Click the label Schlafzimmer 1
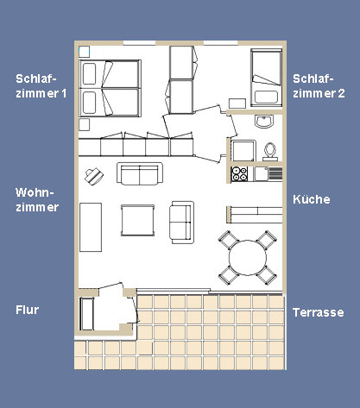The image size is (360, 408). coord(41,86)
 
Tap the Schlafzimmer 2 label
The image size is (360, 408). coord(319,86)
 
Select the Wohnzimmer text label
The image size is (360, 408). coord(37,200)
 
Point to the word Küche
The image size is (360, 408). coord(312,199)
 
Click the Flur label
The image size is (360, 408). coord(27,310)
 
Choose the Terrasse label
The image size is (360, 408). coord(319,312)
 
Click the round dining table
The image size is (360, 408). coord(248,258)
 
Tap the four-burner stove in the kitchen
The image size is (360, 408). coord(239,173)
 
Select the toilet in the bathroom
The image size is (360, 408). coord(270,152)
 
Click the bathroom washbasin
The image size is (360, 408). coord(264,122)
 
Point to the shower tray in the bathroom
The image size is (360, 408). coord(243,151)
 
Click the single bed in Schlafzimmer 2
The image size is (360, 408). coord(266,78)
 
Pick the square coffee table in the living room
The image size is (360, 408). coord(137,220)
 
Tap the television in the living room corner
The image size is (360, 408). coord(94,176)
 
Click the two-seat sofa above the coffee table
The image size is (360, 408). coord(140,173)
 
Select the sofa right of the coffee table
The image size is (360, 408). coord(181,223)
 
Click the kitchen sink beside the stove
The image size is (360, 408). coord(261,174)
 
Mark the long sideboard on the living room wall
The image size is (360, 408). coord(91,227)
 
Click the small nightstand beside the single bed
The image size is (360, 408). coord(237,104)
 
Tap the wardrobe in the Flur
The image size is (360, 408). coord(86,314)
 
